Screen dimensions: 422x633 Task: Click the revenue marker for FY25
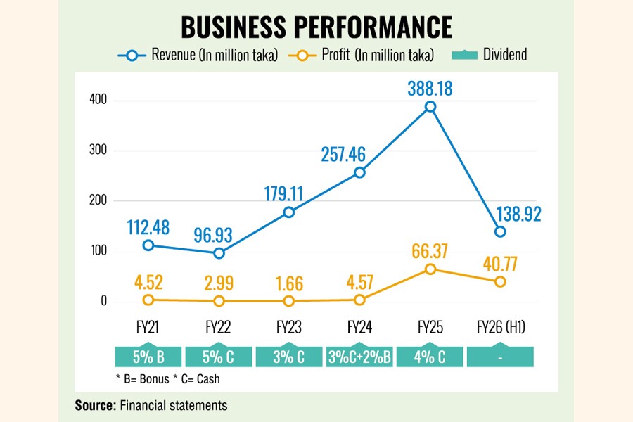coord(430,107)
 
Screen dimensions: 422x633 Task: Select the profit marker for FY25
coord(430,269)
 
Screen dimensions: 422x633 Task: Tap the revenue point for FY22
coord(219,253)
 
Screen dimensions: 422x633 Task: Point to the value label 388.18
coord(430,89)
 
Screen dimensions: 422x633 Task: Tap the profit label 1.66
coord(289,283)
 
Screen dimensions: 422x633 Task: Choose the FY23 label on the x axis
coord(289,327)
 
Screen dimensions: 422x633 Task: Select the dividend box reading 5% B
coord(148,357)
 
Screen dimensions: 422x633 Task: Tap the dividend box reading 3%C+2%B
coord(359,357)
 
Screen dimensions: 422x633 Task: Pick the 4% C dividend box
coord(430,357)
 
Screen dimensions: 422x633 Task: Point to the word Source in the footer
coord(96,405)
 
